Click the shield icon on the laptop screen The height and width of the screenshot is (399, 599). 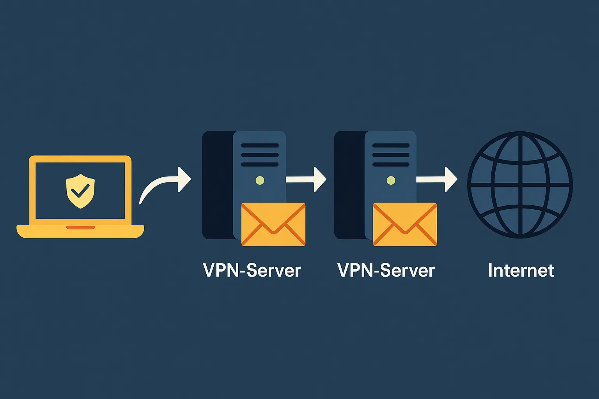[x=80, y=191]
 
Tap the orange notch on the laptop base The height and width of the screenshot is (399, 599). [x=80, y=227]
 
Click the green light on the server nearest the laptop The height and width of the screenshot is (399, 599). [x=260, y=180]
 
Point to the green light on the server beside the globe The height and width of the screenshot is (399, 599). [x=391, y=180]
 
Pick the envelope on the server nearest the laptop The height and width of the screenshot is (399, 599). [x=273, y=224]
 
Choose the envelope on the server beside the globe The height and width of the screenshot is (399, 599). [x=405, y=224]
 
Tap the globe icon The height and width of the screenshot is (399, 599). [x=520, y=185]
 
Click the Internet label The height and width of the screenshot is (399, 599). [x=521, y=270]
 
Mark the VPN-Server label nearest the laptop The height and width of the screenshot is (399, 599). [x=252, y=270]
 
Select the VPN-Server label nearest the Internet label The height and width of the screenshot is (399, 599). [x=386, y=270]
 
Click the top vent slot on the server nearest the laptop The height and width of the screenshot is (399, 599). [x=260, y=145]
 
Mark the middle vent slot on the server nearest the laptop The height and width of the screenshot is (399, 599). [x=260, y=155]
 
